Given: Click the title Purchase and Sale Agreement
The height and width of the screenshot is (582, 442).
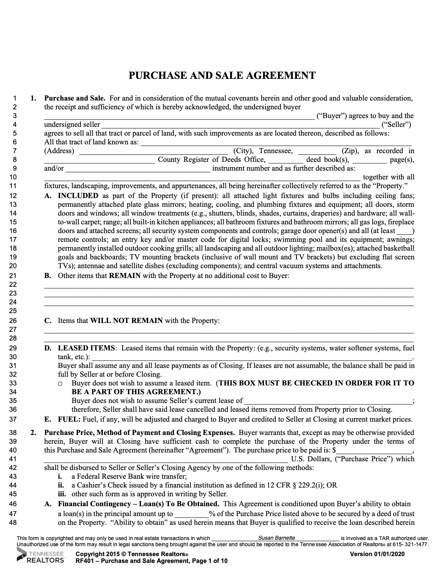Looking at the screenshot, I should pos(222,75).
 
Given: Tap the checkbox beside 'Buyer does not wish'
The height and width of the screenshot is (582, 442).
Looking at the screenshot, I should pos(60,384).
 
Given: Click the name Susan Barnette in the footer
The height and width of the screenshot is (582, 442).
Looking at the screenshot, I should pos(277,538).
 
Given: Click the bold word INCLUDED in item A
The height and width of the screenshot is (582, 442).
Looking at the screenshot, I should pos(78,196).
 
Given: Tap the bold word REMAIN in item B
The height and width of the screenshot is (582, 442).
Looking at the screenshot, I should pos(125,275).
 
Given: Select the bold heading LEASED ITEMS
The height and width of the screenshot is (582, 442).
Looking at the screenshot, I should pos(86,348).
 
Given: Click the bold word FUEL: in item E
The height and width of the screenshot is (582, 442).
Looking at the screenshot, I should pos(69,419).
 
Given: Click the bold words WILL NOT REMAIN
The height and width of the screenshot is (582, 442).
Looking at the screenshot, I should pos(126,321).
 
